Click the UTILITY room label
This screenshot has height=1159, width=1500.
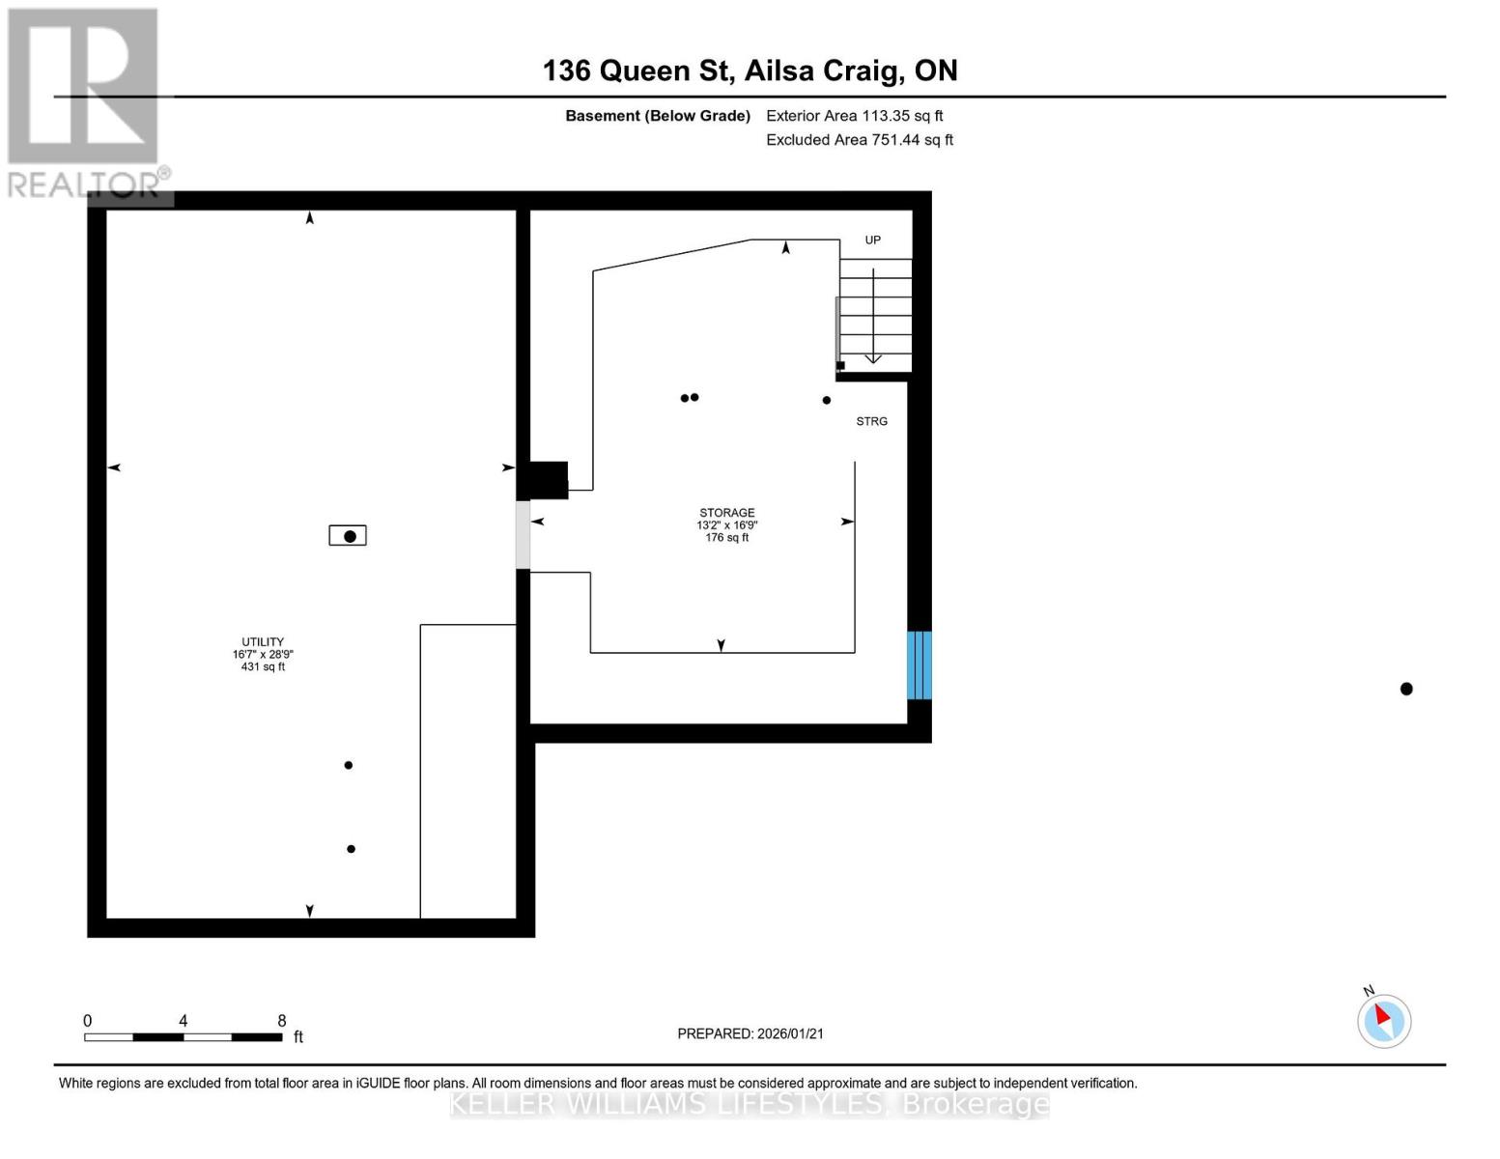coord(263,642)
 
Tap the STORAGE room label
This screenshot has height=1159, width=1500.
coord(727,513)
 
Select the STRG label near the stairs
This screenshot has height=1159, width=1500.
coord(871,421)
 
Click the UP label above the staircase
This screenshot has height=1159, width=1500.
coord(872,240)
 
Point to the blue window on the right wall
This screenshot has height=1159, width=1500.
coord(919,665)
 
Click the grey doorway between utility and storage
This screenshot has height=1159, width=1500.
coord(523,534)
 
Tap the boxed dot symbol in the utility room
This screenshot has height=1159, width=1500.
coord(348,535)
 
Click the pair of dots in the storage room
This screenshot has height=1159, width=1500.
coord(690,397)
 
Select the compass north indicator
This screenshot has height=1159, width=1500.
coord(1384,1020)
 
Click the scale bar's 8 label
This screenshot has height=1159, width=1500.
coord(282,1021)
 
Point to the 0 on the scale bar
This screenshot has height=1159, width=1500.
coord(88,1021)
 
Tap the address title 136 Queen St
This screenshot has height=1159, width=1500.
coord(750,71)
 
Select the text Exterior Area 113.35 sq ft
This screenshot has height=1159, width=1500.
coord(854,116)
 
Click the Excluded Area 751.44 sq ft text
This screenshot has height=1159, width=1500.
coord(860,140)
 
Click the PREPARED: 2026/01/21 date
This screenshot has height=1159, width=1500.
coord(750,1033)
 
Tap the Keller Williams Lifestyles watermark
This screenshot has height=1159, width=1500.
coord(750,1104)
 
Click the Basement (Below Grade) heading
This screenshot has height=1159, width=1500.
coord(658,116)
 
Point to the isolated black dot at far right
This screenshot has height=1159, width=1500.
coord(1406,689)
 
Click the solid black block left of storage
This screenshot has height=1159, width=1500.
coord(548,480)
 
